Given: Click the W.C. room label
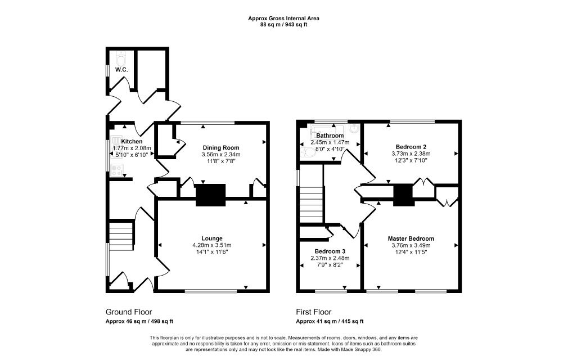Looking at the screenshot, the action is click(x=121, y=70).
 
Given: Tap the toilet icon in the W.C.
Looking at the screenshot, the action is click(x=121, y=58).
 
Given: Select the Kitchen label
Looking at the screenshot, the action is click(x=132, y=141).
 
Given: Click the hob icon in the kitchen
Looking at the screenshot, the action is click(x=117, y=170).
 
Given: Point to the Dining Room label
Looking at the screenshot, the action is click(x=221, y=147).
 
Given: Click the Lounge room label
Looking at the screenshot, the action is click(x=212, y=238).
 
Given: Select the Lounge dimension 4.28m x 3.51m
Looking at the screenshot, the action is click(x=212, y=245).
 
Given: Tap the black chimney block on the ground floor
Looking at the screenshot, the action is click(x=210, y=195).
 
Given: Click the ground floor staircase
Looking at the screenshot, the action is click(x=121, y=236).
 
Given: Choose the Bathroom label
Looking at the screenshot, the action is click(x=330, y=136).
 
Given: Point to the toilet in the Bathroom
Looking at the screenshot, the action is click(x=308, y=153).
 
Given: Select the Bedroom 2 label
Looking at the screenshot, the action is click(x=411, y=147).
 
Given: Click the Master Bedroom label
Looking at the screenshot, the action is click(x=411, y=238).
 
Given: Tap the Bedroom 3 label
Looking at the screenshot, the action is click(x=330, y=251).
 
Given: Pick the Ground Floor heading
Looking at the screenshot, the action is click(x=129, y=312).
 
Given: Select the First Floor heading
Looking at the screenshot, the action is click(x=314, y=312).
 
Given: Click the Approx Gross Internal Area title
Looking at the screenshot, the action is click(x=283, y=18).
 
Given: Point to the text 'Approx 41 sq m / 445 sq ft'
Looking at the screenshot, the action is click(x=330, y=321).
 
